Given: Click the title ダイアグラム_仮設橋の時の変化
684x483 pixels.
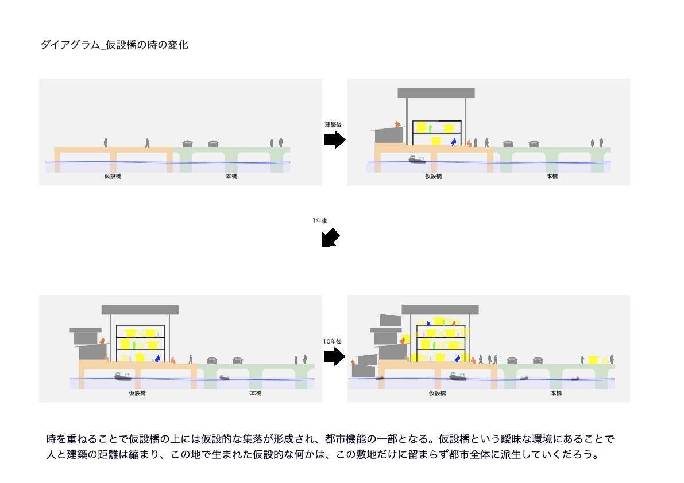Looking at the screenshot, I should click(114, 45).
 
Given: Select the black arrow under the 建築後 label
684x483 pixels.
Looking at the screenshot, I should click(334, 139).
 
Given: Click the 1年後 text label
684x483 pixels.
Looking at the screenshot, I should click(320, 220).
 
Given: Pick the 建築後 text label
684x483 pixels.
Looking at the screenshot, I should click(333, 124).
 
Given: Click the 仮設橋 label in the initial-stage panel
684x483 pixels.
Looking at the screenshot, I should click(113, 176).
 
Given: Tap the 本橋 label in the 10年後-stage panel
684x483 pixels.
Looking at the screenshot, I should click(556, 394).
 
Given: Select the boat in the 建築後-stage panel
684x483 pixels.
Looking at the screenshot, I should click(417, 159).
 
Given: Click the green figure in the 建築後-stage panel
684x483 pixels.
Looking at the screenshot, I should click(430, 127).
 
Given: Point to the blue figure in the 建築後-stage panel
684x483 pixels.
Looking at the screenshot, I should click(453, 141).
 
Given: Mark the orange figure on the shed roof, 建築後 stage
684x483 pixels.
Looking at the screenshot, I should click(397, 123).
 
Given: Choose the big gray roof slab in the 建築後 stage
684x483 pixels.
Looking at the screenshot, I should click(436, 93).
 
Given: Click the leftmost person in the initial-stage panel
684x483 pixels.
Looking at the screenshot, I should click(106, 142).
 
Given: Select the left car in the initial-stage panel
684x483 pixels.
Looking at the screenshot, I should click(187, 143).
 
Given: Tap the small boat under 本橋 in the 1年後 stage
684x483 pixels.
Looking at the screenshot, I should click(224, 377).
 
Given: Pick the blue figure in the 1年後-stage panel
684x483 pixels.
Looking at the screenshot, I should click(157, 358).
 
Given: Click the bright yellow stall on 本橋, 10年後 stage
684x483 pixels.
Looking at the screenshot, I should click(593, 360).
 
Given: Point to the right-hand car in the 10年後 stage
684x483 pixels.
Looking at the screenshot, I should click(538, 360).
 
